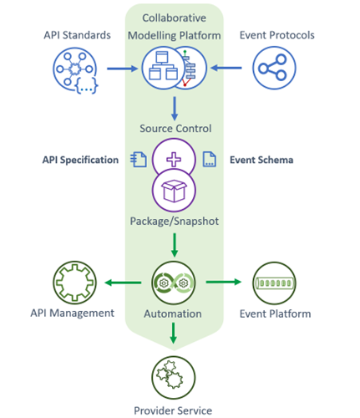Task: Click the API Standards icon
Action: [75, 71]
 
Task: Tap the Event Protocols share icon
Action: [274, 68]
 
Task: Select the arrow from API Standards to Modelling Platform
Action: [122, 69]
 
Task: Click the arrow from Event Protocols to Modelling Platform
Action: [226, 68]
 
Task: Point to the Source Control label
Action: [175, 129]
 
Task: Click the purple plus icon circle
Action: [174, 159]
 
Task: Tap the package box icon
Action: [174, 191]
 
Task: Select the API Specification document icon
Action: [139, 160]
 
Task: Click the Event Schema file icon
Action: [209, 159]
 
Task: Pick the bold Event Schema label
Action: [261, 160]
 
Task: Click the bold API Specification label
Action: [80, 160]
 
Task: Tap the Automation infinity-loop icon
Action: [174, 283]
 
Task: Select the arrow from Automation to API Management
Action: [123, 283]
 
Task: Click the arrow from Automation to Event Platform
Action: [224, 282]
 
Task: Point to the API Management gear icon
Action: [74, 283]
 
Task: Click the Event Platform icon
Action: [274, 283]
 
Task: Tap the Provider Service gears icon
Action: [174, 378]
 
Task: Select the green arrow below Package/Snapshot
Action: [175, 245]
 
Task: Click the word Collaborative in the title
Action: [175, 18]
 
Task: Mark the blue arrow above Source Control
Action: [175, 109]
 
